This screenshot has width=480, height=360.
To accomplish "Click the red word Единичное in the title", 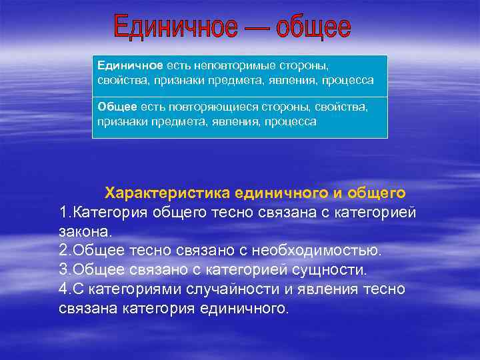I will pos(175,27).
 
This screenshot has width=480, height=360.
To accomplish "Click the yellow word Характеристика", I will pos(167,193).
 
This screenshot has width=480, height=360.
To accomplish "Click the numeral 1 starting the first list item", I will pos(63,213).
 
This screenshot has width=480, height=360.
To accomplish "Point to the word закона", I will pos(85,232).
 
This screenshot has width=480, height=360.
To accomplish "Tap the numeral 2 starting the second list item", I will pos(63,251).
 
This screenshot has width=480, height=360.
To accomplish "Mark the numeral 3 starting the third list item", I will pos(63,271).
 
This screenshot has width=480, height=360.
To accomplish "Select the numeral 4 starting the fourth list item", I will pos(63,290).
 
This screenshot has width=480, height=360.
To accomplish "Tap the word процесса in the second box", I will pos(290,122).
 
